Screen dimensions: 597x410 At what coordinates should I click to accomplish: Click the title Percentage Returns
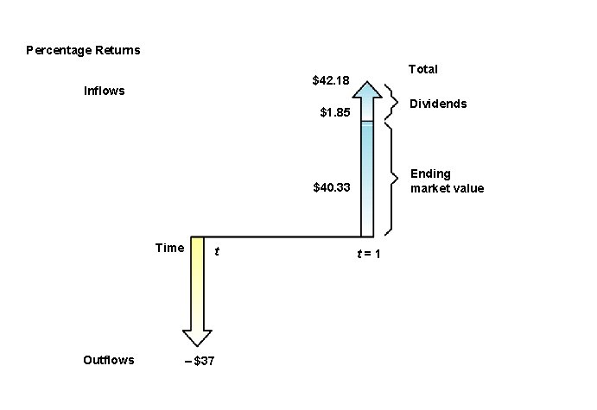(83, 50)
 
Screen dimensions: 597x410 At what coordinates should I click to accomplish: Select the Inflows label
(104, 91)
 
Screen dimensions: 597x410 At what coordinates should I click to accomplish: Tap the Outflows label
(109, 360)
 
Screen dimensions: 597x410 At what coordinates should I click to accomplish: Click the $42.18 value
(331, 80)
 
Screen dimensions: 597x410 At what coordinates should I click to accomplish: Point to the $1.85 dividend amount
(335, 111)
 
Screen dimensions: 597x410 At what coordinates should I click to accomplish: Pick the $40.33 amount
(331, 186)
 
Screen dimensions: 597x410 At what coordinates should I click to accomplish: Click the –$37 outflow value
(200, 361)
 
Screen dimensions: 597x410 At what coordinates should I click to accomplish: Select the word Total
(422, 69)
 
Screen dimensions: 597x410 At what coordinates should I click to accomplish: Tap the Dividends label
(438, 104)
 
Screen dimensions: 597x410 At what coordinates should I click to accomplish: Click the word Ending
(430, 174)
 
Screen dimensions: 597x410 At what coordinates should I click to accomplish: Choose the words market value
(448, 188)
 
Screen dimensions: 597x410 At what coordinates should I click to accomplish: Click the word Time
(169, 248)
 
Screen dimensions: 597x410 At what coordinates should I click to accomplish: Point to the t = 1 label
(368, 254)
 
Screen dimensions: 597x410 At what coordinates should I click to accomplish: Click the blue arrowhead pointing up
(367, 91)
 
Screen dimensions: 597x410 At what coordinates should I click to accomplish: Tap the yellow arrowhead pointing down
(197, 337)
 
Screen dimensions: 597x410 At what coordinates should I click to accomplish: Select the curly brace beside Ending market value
(391, 180)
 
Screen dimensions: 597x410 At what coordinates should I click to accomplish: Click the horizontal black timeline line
(281, 236)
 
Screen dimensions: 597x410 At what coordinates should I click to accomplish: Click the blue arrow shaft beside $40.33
(367, 186)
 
